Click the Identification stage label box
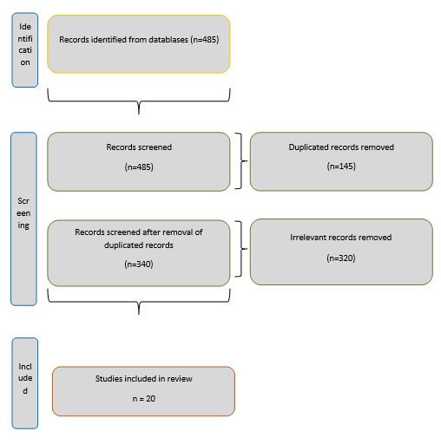tap(25, 49)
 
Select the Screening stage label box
tap(23, 219)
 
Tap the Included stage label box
tap(25, 383)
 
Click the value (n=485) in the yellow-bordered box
tap(205, 39)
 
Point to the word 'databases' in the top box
tap(168, 39)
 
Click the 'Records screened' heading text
tap(139, 147)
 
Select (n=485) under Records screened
tap(139, 167)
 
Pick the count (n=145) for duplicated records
tap(341, 166)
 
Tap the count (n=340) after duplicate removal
tap(139, 264)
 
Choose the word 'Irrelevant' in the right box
tap(308, 238)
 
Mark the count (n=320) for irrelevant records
tap(341, 258)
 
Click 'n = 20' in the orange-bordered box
tap(144, 399)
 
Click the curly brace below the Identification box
tap(139, 101)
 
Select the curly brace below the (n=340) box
tap(139, 303)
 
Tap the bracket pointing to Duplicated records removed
tap(241, 160)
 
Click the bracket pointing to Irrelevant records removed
tap(241, 249)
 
